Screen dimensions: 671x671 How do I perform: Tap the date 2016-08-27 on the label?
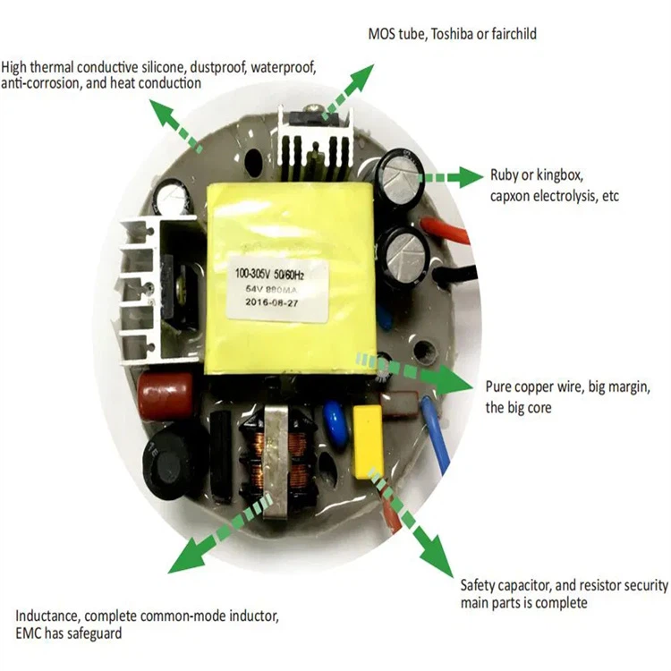point(278,302)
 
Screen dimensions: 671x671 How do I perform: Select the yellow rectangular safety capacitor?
point(369,441)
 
